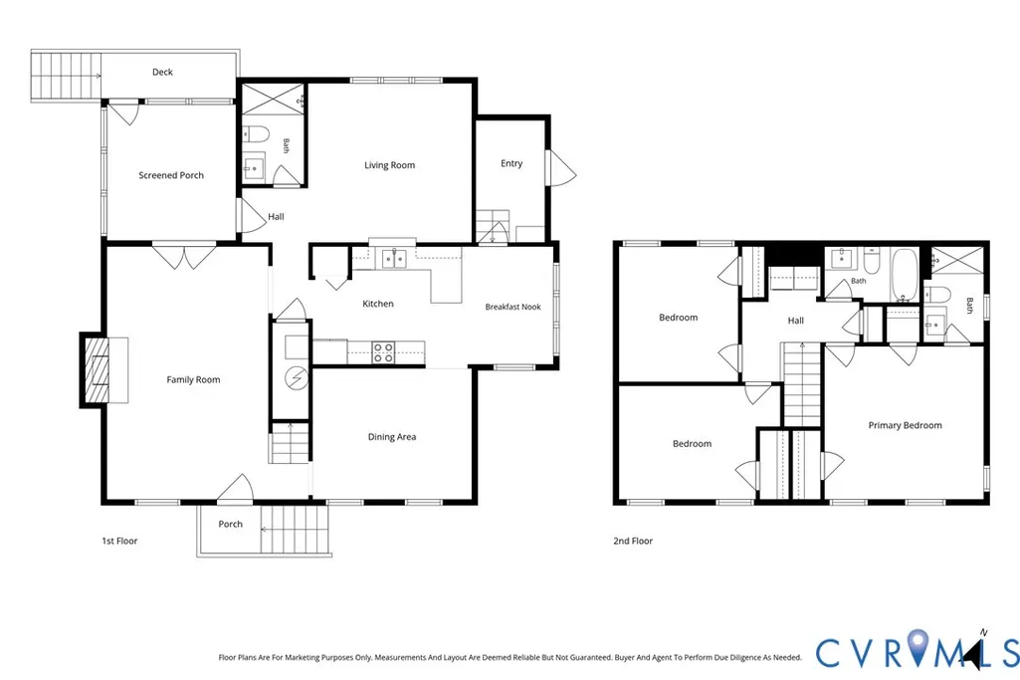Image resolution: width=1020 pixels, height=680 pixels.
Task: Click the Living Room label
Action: tap(389, 165)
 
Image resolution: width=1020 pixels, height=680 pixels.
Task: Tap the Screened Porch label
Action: tap(171, 175)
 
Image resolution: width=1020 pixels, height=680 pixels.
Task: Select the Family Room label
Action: tap(193, 380)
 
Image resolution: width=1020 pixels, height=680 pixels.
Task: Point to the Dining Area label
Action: tap(392, 437)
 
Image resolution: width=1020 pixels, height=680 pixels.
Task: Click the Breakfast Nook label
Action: tap(512, 307)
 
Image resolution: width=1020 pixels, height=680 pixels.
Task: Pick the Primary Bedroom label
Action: tap(905, 425)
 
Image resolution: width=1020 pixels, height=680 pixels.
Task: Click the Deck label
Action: tap(162, 73)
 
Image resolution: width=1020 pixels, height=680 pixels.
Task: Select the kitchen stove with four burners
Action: tap(382, 352)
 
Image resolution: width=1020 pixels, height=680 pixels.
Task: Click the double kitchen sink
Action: tap(394, 259)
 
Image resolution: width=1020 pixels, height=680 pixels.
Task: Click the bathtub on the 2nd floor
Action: tap(905, 275)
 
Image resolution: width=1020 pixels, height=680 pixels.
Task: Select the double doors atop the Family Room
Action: tap(184, 255)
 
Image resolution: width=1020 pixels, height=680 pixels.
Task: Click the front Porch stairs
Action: tap(294, 530)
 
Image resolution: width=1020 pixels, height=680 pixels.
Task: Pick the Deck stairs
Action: tap(66, 76)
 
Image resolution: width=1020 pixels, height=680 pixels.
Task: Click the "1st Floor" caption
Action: tap(119, 541)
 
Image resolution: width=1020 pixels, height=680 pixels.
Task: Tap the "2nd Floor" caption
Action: tap(633, 541)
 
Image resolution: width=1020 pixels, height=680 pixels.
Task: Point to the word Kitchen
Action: tap(378, 304)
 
